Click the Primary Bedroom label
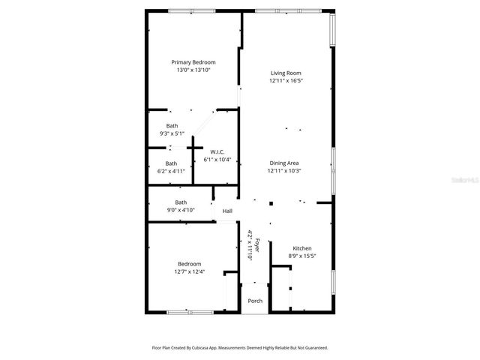193,62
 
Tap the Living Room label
286,73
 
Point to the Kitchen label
301,248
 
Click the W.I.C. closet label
217,151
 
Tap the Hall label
226,211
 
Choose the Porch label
254,301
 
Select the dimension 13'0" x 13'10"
193,70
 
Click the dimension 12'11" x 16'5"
286,80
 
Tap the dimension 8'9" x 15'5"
301,256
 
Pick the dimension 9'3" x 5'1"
172,133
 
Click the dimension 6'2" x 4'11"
172,171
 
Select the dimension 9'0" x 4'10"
181,210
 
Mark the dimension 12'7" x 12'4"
189,271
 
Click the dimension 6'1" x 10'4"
217,159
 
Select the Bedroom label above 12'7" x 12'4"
189,264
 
